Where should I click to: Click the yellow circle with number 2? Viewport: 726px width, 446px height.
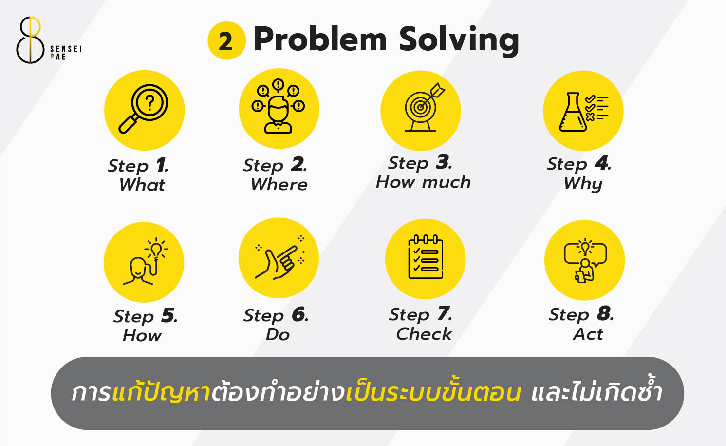pos(226,41)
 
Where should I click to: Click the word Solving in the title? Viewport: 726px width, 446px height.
pos(459,40)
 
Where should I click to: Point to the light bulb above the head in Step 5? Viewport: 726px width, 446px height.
pos(155,250)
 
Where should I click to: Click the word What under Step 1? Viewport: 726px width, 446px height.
pos(142,185)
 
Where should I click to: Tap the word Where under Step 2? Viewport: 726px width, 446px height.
pos(279,185)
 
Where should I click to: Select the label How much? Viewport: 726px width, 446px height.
pos(423,182)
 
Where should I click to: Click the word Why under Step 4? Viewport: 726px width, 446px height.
pos(583,184)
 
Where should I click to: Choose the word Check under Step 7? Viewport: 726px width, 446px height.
pos(424,334)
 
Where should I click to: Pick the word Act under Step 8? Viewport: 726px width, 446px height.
pos(588,334)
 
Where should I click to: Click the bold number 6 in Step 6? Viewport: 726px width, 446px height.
pos(299,315)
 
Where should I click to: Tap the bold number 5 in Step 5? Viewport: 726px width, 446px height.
pos(168,316)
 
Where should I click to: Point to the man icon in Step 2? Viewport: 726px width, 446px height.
pos(278,116)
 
